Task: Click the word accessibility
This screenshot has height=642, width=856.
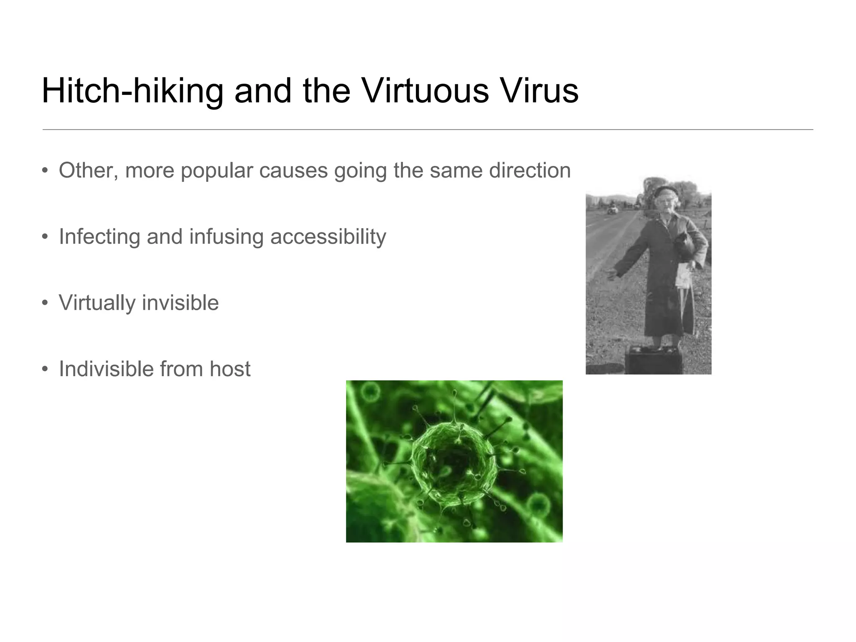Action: click(328, 237)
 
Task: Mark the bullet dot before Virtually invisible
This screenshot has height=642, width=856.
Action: click(45, 303)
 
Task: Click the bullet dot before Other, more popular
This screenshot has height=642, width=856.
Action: click(45, 171)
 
